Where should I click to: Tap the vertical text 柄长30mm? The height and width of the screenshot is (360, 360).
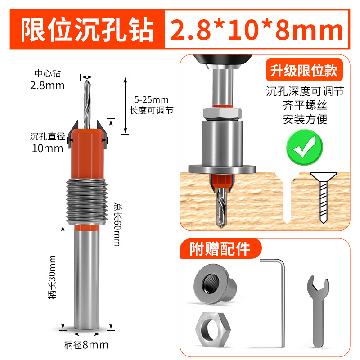[x=53, y=277]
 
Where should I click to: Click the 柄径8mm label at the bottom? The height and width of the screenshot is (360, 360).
[x=86, y=345]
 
